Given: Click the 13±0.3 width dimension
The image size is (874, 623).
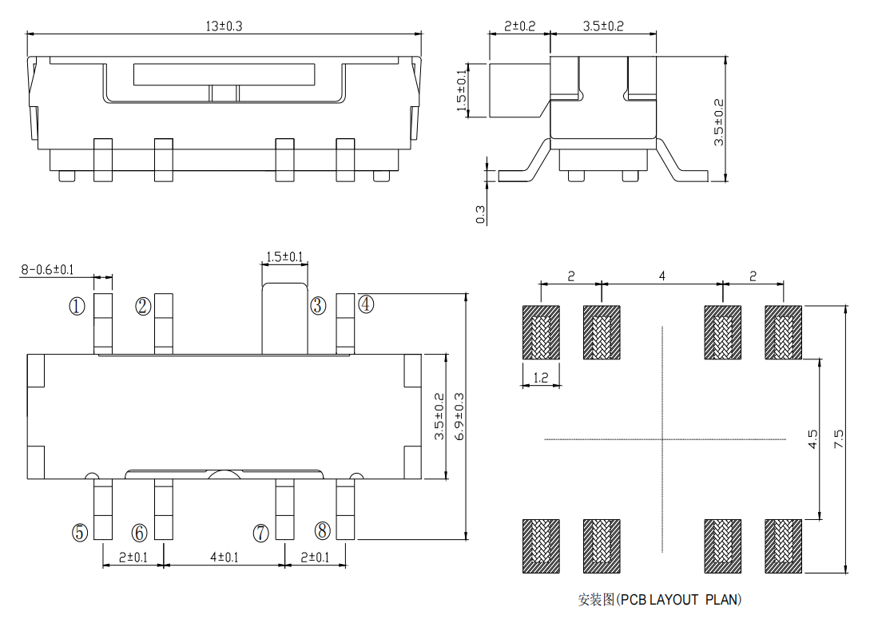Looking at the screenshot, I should click(x=224, y=26).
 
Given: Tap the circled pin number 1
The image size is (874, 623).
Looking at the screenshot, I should click(x=77, y=306).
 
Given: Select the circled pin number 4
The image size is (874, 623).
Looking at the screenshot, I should click(x=366, y=304).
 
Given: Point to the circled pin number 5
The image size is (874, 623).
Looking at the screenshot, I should click(x=79, y=532).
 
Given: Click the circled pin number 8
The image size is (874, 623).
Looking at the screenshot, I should click(x=322, y=530).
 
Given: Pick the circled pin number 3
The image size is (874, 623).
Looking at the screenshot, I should click(x=318, y=305).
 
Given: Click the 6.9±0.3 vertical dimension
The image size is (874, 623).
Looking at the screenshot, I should click(x=459, y=415).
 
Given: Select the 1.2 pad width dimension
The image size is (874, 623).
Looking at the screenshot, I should click(x=541, y=378).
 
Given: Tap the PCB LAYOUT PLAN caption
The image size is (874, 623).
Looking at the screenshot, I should click(x=660, y=599).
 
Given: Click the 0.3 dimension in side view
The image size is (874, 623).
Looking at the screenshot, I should click(x=480, y=214).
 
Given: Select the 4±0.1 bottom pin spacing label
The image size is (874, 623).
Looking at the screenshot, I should click(x=224, y=557).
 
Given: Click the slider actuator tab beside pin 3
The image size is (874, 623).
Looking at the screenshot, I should click(x=285, y=319).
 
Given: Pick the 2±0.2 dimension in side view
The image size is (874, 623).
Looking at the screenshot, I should click(x=520, y=26).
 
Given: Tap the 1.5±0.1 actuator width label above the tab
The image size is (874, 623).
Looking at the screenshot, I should click(x=284, y=257).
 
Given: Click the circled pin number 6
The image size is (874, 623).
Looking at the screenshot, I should click(x=139, y=532).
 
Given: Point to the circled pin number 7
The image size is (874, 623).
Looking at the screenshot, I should click(x=261, y=533).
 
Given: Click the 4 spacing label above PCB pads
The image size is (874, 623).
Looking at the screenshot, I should click(x=662, y=276).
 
